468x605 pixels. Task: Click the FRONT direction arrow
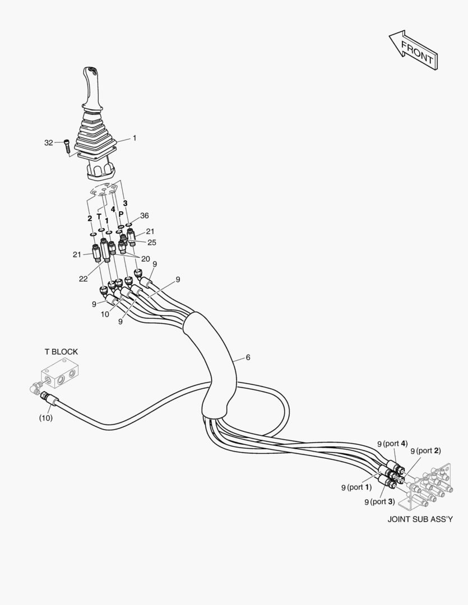413,50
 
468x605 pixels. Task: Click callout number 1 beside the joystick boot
135,138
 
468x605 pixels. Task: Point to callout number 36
144,216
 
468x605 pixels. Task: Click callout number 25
152,243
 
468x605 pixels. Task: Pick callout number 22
83,279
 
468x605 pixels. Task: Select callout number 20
145,259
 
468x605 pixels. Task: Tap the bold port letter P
121,214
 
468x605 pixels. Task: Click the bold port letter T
99,217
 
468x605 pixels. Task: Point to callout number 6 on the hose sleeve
248,357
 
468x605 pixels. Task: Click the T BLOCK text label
61,352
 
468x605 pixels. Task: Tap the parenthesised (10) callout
45,418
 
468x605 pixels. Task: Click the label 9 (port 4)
392,444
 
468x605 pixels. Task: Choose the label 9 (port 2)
425,450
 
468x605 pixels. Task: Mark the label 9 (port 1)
356,487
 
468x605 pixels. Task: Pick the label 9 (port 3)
379,501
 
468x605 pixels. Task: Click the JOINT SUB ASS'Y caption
420,519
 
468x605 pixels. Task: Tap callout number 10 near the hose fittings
105,314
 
